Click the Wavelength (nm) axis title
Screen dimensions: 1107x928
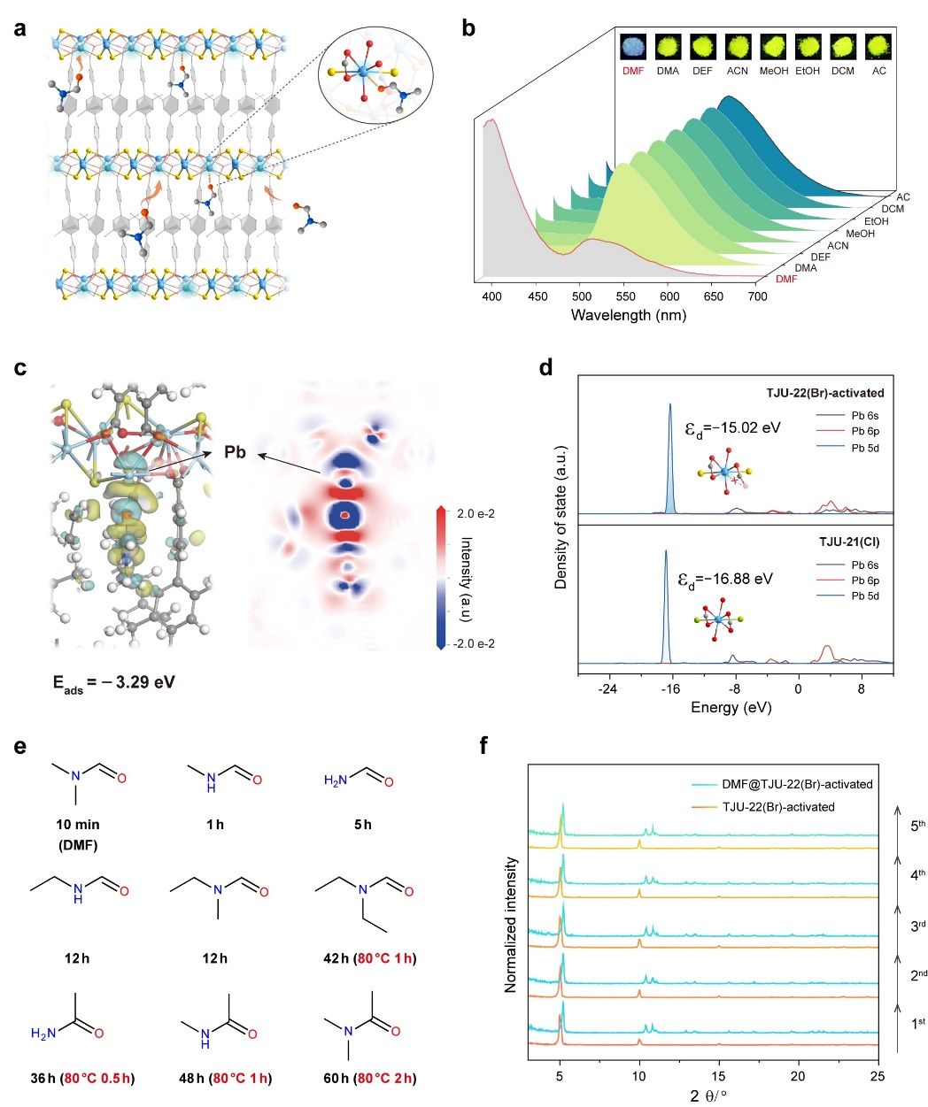coord(629,315)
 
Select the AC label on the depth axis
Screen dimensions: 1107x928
coord(903,197)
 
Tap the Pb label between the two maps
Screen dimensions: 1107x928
coord(235,452)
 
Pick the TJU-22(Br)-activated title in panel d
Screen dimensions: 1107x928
coord(825,393)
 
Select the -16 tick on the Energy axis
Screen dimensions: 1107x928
coord(671,689)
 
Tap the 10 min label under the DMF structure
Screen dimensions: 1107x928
coord(78,825)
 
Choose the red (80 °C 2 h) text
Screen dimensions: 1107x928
coord(383,1078)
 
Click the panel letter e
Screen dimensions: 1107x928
coord(20,746)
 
